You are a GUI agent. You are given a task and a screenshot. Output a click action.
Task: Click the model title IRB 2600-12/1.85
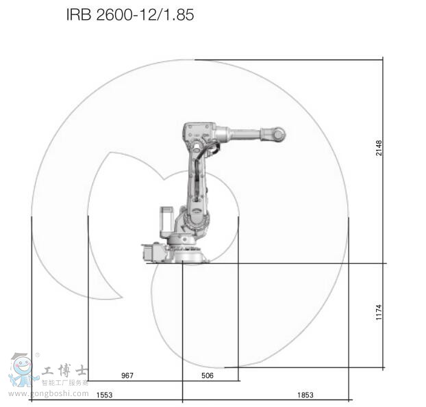click(130, 14)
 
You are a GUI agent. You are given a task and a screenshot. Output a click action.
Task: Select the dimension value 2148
click(379, 148)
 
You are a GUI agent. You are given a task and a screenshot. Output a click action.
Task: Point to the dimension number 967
click(127, 376)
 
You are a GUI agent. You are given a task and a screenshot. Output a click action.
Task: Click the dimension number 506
click(208, 376)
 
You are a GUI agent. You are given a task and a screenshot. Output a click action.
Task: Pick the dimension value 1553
click(104, 395)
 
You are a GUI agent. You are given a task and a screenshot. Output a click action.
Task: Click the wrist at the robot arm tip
click(277, 134)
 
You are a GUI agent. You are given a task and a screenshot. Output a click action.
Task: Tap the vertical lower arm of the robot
click(195, 185)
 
